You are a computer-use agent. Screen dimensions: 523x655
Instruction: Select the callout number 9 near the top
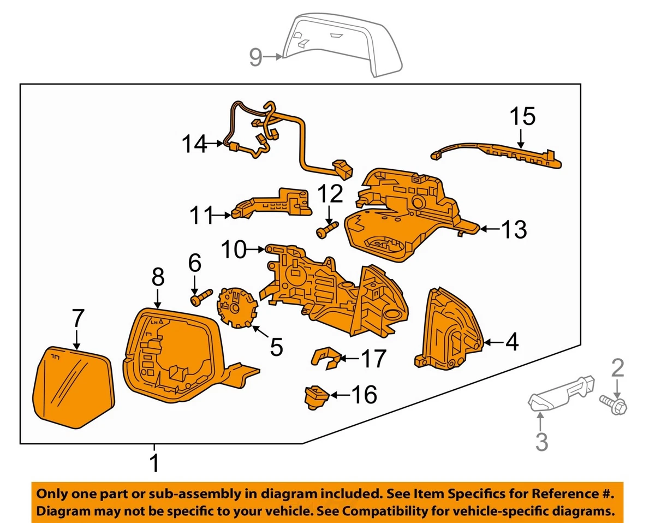point(256,57)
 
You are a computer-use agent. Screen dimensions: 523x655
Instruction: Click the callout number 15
point(522,116)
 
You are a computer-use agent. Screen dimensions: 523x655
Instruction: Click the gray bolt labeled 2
point(614,405)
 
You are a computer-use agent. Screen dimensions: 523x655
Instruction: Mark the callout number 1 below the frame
point(155,463)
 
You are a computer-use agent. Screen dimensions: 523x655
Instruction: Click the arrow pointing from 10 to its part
point(255,250)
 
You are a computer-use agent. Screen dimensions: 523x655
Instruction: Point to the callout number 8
point(157,278)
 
